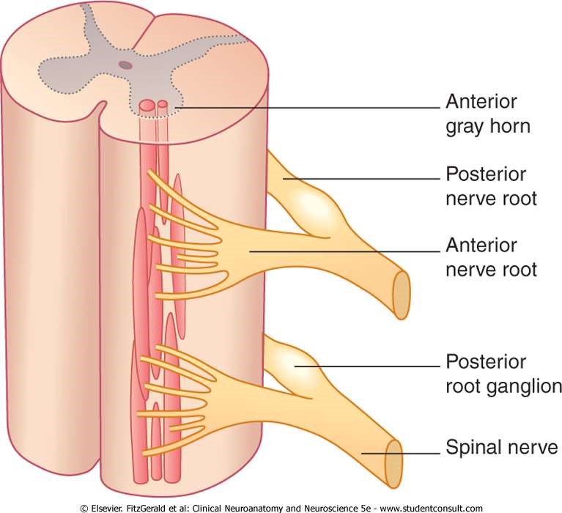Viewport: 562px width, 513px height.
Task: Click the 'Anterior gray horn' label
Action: [x=488, y=114]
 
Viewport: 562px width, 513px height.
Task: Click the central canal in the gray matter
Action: [x=127, y=64]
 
